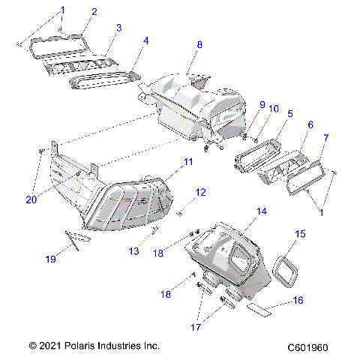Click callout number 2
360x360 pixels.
point(94,11)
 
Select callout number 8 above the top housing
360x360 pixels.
point(199,45)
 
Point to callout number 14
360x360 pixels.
point(261,212)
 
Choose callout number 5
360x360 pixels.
point(289,113)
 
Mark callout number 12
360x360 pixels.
point(199,193)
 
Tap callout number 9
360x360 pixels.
point(241,104)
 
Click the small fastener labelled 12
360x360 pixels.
point(181,214)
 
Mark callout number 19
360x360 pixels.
point(51,259)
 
